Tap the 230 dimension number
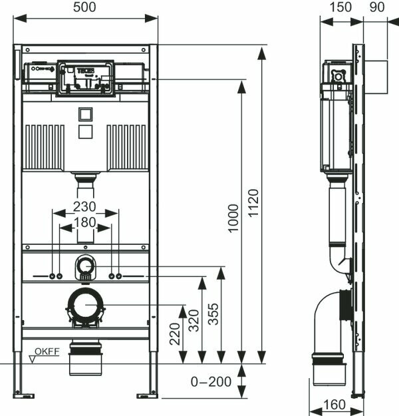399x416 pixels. (x=85, y=206)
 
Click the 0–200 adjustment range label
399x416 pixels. (x=211, y=382)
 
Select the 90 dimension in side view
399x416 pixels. (x=377, y=7)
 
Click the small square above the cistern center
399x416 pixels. (x=85, y=114)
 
